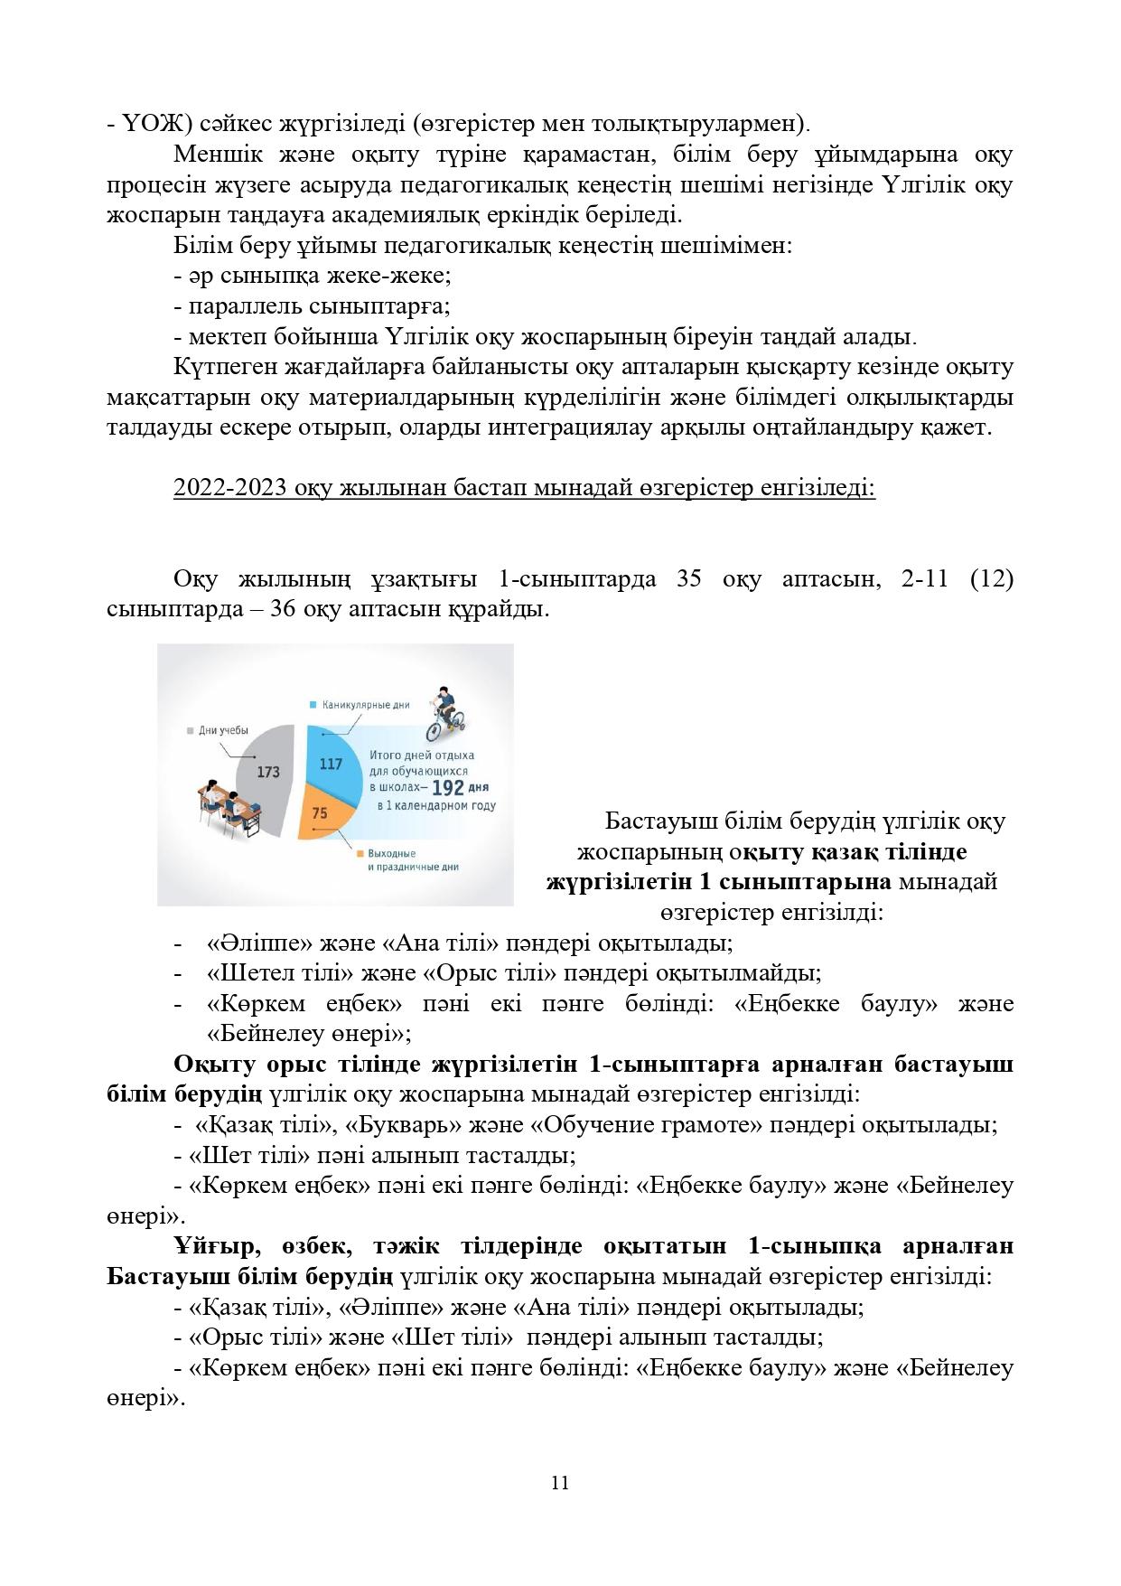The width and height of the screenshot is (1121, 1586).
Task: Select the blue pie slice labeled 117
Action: point(330,765)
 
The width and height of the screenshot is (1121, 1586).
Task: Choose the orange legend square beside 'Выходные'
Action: point(360,853)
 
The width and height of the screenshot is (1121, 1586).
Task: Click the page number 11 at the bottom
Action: point(560,1483)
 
